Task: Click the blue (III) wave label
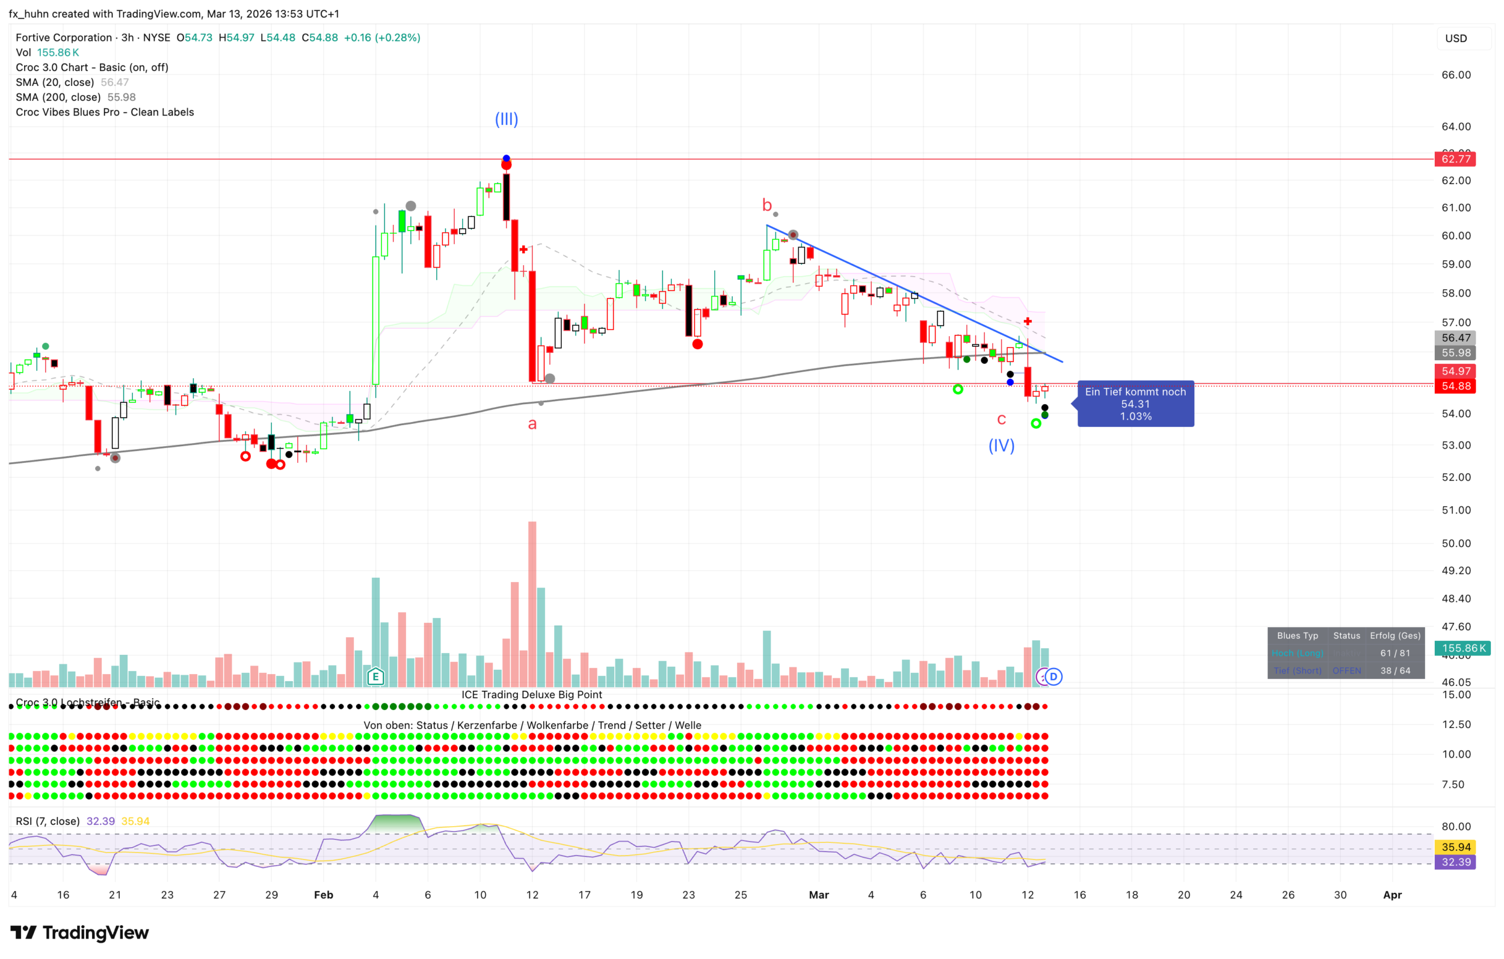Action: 506,119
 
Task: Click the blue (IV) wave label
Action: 1001,446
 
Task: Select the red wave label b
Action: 767,205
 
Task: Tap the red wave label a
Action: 532,424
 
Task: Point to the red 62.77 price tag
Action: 1455,159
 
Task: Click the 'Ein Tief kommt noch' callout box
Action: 1135,404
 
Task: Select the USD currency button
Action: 1456,38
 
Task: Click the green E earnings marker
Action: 375,676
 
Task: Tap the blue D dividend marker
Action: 1053,676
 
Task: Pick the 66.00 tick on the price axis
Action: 1456,75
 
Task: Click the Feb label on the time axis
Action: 324,895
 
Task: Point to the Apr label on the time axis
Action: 1392,895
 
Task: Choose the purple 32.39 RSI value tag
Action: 1456,862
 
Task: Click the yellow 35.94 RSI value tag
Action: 1456,847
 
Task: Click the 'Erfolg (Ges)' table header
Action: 1395,636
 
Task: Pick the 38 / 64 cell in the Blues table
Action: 1395,670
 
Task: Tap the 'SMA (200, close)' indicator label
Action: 58,97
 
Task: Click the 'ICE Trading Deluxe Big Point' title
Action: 532,694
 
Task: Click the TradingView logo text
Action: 95,933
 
